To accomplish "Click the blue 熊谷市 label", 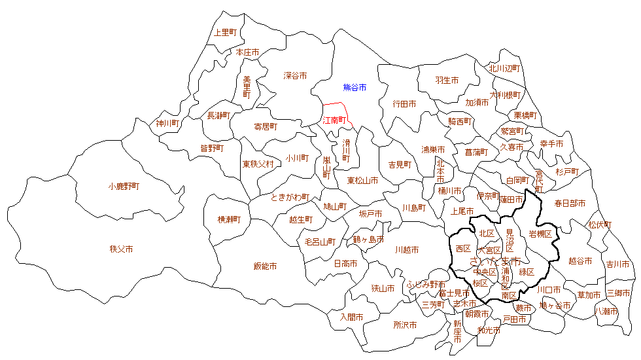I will (x=355, y=87).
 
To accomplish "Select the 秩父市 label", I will (x=122, y=249).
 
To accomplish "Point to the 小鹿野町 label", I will (x=124, y=187).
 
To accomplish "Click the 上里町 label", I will (x=227, y=32).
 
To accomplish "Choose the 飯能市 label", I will (x=265, y=266).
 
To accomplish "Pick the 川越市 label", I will (x=407, y=250).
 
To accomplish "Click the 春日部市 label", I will (x=570, y=204).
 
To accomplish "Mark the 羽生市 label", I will (x=447, y=81).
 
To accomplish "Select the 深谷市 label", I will (x=295, y=76).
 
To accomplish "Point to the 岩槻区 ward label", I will (x=540, y=234).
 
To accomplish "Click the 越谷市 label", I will (x=580, y=261).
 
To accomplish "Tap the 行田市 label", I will (x=404, y=104).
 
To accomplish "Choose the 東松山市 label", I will (x=362, y=181).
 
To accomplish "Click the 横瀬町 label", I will (x=230, y=220).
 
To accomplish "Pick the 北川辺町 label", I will (x=504, y=68).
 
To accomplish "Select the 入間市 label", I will (x=351, y=317).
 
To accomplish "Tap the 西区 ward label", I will (x=463, y=249).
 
